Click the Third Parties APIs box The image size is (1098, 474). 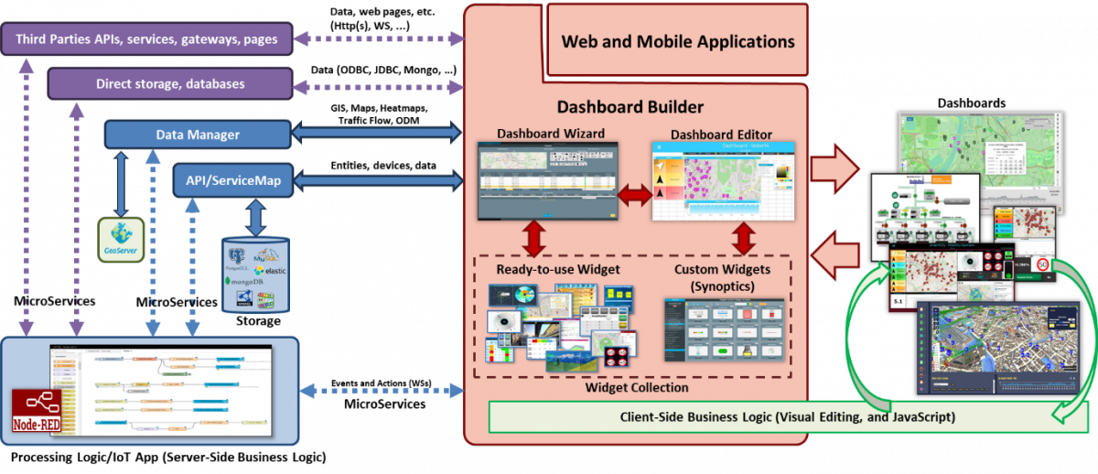point(146,39)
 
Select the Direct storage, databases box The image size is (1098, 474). point(170,84)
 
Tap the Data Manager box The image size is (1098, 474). point(198,135)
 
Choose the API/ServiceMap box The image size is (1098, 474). point(232,181)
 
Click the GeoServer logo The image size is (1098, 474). point(121,241)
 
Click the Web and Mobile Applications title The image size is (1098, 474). point(677,41)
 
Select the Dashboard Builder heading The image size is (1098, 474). point(630,106)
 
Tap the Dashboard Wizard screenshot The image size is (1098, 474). point(547,181)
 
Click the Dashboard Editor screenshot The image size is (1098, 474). point(723,181)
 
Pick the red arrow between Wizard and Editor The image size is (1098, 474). point(635,193)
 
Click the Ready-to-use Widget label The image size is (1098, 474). point(558,269)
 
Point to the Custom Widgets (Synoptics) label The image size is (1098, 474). point(722,276)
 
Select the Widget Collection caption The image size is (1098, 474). point(630,388)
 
